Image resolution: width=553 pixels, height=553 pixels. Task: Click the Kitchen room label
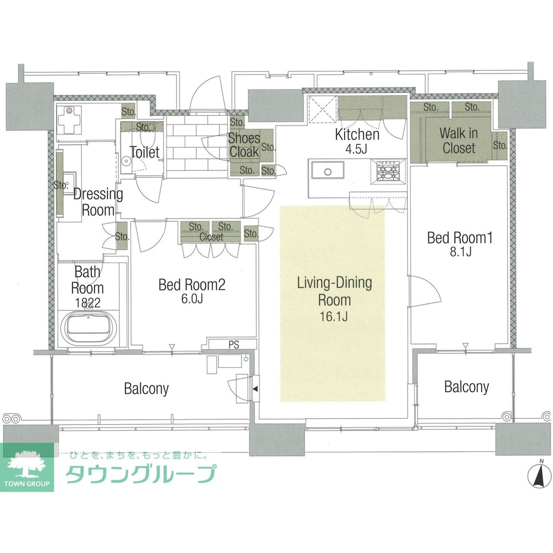pyautogui.click(x=357, y=134)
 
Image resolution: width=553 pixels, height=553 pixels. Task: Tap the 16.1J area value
pyautogui.click(x=333, y=316)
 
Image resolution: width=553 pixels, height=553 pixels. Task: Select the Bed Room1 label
pyautogui.click(x=460, y=237)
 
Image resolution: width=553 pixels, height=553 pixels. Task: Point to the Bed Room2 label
pyautogui.click(x=192, y=285)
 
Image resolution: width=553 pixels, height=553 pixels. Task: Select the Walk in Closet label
pyautogui.click(x=458, y=140)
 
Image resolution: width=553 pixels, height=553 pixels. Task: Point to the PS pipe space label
pyautogui.click(x=233, y=344)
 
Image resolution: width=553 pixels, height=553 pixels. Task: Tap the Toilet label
pyautogui.click(x=144, y=152)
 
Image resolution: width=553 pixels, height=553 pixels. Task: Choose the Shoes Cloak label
pyautogui.click(x=244, y=145)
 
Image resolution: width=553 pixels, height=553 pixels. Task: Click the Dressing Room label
pyautogui.click(x=98, y=202)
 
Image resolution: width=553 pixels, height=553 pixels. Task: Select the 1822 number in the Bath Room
pyautogui.click(x=87, y=302)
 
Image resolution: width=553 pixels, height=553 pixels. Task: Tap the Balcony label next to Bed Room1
pyautogui.click(x=466, y=387)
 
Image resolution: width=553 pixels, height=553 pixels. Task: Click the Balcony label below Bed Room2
pyautogui.click(x=147, y=389)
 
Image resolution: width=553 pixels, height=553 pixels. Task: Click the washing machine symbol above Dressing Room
pyautogui.click(x=69, y=120)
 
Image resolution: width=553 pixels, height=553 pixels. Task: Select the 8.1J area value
pyautogui.click(x=460, y=252)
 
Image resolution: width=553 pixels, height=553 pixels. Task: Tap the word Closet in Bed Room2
pyautogui.click(x=211, y=237)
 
